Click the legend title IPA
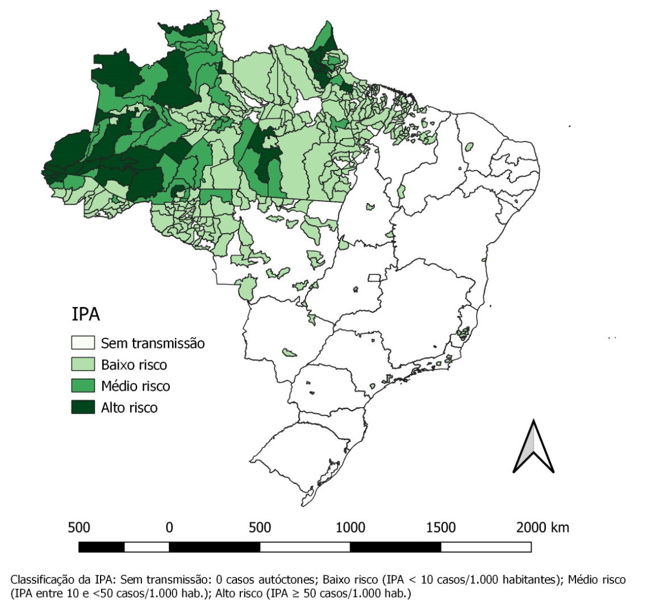[86, 315]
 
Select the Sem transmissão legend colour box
[82, 343]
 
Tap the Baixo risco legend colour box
[82, 364]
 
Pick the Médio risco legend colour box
[82, 386]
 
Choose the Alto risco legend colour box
[82, 407]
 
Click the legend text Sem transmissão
[152, 343]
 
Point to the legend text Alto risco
[129, 407]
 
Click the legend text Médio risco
[135, 386]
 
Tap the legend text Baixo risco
[133, 364]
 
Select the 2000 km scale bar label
[542, 527]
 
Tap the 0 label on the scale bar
[169, 527]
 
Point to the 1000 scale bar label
[350, 527]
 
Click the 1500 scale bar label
[441, 527]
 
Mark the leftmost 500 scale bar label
[79, 527]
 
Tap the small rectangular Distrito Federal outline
[374, 278]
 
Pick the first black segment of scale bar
[101, 547]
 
